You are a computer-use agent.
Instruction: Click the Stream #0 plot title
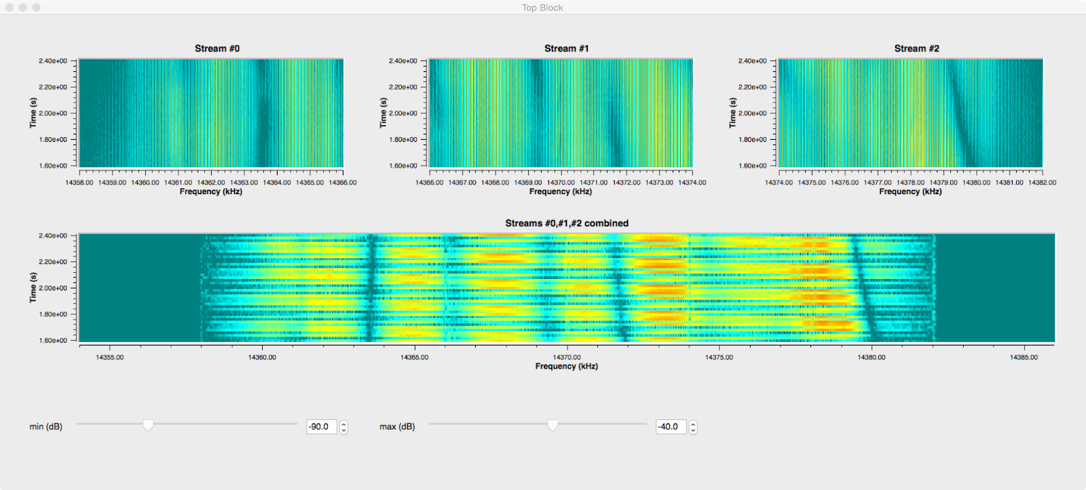217,48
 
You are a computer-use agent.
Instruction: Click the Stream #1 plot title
566,48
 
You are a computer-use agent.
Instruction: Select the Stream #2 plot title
916,48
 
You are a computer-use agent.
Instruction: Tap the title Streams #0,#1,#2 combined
566,223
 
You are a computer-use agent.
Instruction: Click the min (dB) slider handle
148,426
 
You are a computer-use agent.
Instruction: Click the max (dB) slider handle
553,426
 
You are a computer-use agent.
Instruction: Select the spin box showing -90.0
322,427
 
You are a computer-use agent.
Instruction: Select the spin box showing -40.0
671,427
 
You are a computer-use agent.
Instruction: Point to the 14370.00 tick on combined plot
566,357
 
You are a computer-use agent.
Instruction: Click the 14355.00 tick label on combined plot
110,357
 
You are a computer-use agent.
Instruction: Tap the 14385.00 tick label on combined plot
1024,357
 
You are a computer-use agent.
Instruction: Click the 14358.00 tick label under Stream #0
79,183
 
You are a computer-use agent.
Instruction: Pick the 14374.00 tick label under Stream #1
692,183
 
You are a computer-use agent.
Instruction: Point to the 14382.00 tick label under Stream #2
1042,183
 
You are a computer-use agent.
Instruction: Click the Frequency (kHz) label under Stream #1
560,192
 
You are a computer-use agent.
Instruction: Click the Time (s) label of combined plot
33,287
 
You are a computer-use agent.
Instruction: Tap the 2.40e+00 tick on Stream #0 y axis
53,61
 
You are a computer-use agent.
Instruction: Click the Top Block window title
542,7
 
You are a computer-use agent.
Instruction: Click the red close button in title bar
10,7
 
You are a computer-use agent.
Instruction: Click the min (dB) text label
45,427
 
